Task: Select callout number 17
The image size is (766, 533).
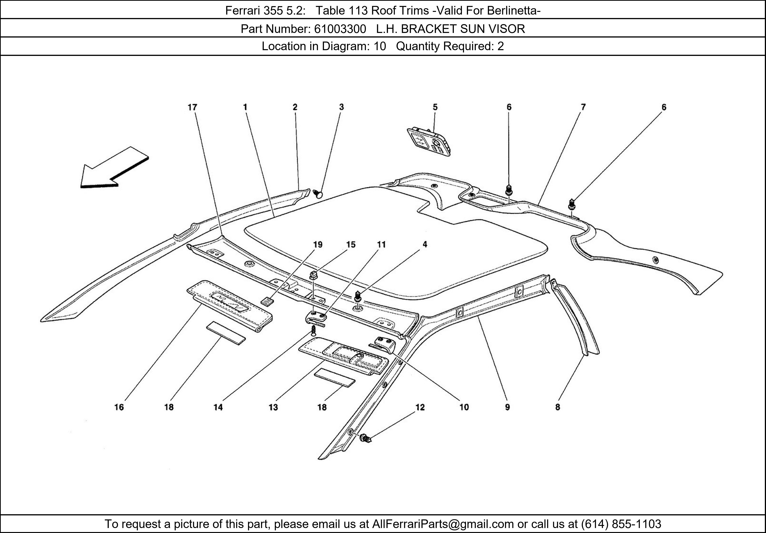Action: [x=192, y=107]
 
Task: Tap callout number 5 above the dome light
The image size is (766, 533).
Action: [x=435, y=107]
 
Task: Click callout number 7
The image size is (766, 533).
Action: [x=583, y=107]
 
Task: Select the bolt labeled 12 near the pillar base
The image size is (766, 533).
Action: [x=365, y=438]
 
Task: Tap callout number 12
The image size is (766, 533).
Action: [x=420, y=407]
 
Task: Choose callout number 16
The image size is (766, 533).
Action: [x=119, y=407]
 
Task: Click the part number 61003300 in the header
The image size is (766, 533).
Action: [x=340, y=29]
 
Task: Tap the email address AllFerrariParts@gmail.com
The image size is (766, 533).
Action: [x=443, y=524]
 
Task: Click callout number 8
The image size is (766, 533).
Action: [x=557, y=407]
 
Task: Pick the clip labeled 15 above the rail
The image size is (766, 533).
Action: [x=314, y=275]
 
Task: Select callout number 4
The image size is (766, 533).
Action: [x=425, y=244]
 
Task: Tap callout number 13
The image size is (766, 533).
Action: [x=273, y=407]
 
